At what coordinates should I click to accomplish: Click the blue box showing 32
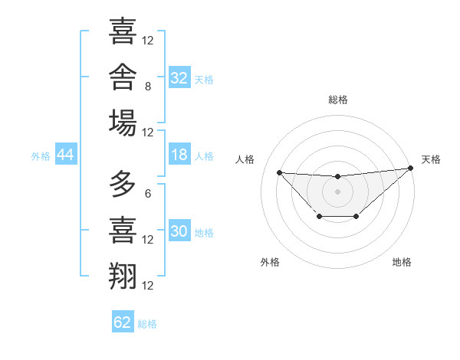point(179,77)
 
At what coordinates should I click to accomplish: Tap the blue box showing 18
point(179,154)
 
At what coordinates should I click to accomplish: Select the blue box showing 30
point(179,230)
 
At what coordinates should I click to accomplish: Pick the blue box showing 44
point(66,154)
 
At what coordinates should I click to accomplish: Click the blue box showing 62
point(123,321)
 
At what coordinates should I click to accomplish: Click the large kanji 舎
point(123,77)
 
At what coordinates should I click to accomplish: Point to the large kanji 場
point(123,123)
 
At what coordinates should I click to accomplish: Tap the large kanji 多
point(123,184)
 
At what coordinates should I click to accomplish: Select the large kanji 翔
point(123,276)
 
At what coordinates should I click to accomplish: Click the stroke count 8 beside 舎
point(148,87)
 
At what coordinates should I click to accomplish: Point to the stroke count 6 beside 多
point(148,194)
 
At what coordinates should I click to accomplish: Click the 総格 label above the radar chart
point(338,100)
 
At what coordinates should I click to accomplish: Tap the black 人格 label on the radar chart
point(245,159)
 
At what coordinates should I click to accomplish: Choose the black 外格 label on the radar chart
point(270,262)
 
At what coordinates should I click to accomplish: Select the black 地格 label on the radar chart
point(402,262)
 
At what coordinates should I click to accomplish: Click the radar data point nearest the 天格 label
point(411,168)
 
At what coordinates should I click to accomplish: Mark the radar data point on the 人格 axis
point(280,172)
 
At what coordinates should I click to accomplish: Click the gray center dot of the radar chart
point(337,191)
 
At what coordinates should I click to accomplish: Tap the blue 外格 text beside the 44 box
point(41,156)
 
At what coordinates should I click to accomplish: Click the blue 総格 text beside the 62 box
point(147,324)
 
